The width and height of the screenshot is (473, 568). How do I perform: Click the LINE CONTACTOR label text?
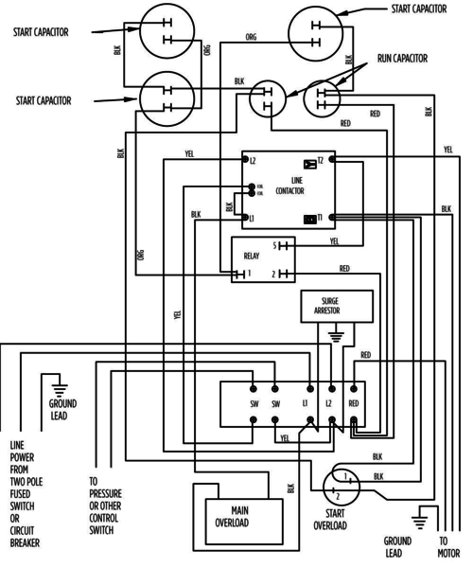coord(289,186)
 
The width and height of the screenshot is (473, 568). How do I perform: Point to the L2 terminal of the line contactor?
coord(252,161)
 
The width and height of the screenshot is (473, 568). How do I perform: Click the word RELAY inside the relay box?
coord(252,256)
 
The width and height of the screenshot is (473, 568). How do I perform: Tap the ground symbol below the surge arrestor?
coord(333,334)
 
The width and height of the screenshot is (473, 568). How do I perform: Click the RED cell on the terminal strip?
coord(353,403)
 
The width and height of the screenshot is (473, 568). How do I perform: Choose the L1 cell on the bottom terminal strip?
coord(305,403)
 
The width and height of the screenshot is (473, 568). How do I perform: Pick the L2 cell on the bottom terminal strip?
coord(328,403)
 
